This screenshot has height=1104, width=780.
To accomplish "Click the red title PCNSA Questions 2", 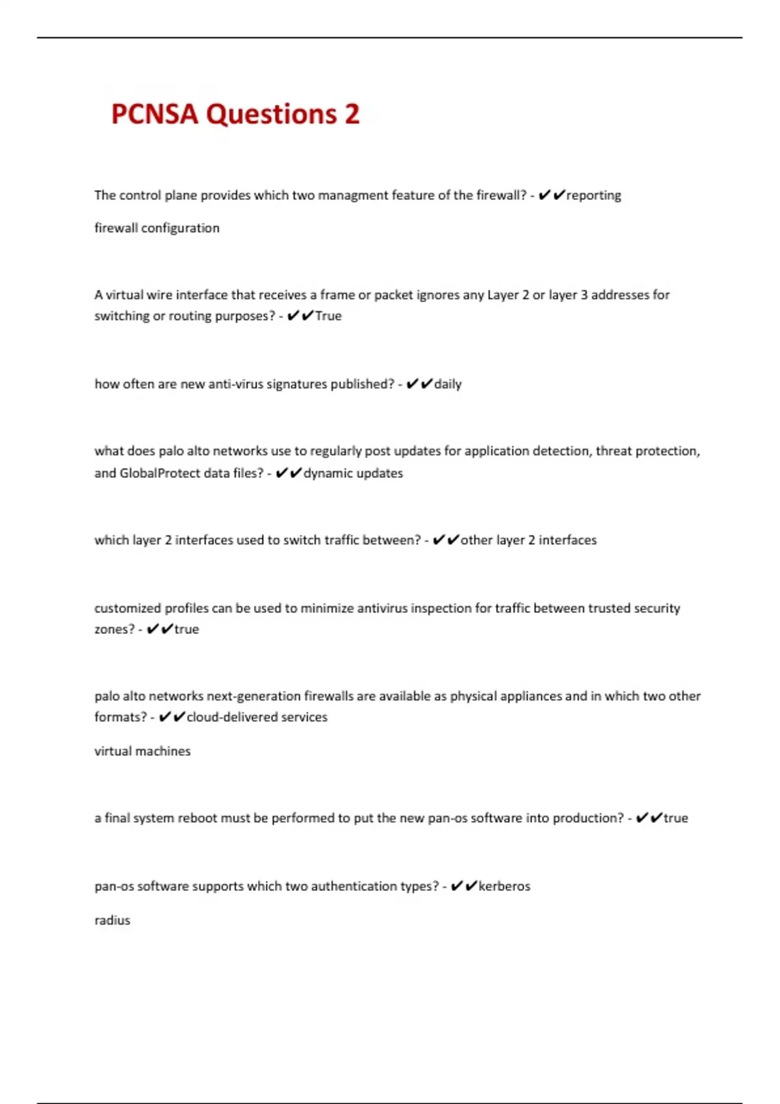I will pos(235,114).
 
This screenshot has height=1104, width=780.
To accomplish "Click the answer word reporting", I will pos(593,195).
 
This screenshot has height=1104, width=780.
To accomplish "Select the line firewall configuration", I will pos(157,228).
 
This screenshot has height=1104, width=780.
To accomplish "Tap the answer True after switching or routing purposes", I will pos(328,316).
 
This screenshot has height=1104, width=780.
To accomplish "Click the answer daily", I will pos(448,384).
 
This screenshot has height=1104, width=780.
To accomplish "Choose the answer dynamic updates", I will pos(353,473).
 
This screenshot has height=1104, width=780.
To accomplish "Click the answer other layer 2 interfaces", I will pos(528,540).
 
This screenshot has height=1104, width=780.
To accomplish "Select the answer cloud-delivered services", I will pos(257,718).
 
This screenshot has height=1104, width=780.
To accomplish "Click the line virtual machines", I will pos(142,751).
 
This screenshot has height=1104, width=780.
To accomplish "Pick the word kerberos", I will pos(504,886).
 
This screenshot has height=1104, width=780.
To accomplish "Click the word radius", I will pos(112,920).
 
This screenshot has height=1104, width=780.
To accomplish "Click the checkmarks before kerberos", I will pos(463,886).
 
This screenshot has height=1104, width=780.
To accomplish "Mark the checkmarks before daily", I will pos(419,384).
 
